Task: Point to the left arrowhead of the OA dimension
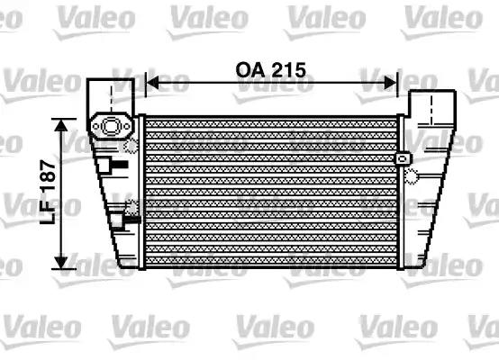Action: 151,83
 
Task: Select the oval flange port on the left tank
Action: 111,127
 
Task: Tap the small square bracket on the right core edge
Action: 400,158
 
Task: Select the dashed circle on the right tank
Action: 411,174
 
